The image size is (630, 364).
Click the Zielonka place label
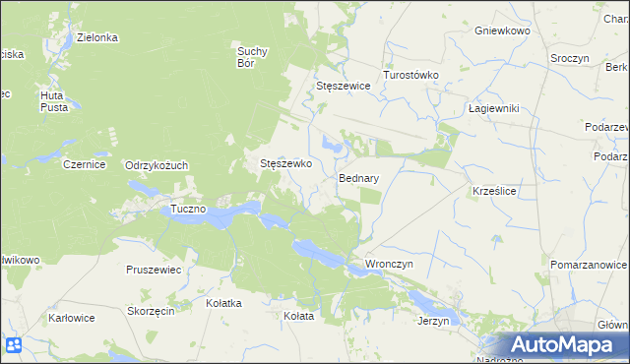(x=97, y=37)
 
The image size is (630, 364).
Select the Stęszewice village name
(x=343, y=86)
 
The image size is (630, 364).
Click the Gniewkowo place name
(x=502, y=31)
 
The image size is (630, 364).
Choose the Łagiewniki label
(x=493, y=108)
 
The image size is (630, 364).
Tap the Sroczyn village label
(x=570, y=58)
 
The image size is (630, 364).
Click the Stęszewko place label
(x=285, y=164)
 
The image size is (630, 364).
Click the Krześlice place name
(x=495, y=189)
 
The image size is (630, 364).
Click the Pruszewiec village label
(x=154, y=269)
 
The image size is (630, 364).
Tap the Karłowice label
(x=73, y=318)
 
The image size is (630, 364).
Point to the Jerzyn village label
(x=433, y=321)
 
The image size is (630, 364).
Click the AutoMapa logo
(x=564, y=345)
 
